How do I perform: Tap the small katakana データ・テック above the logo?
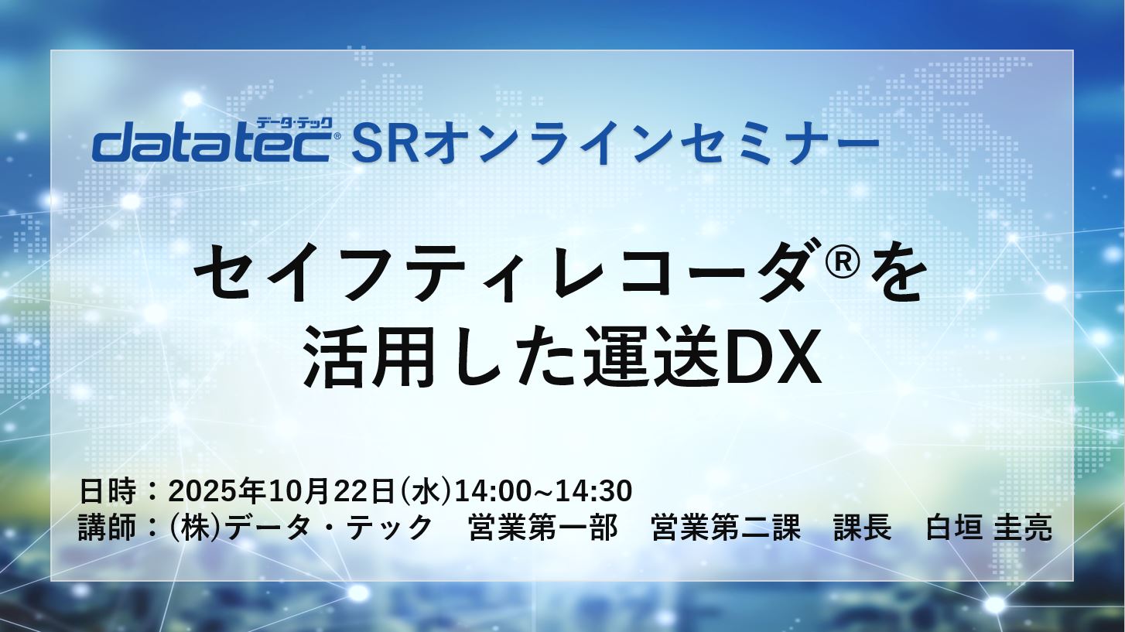pos(294,123)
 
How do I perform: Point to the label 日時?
pos(108,491)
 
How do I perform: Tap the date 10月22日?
pos(331,491)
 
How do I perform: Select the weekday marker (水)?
pos(424,491)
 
